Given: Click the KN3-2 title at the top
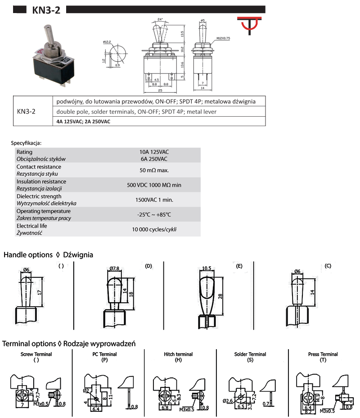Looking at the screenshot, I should [x=46, y=10].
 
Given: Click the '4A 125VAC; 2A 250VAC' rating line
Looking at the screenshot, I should [x=83, y=122].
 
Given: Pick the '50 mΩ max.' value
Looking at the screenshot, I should [x=154, y=170].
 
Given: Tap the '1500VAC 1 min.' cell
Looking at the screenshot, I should [x=154, y=200].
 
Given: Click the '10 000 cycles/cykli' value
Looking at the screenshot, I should [x=154, y=229].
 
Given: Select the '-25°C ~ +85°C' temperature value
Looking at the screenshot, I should [x=154, y=214].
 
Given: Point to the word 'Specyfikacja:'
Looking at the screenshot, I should [x=26, y=143].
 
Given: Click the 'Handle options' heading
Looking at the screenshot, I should [x=28, y=255].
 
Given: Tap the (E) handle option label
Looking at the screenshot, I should [x=239, y=266].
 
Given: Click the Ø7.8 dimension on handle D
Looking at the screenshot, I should [x=114, y=269].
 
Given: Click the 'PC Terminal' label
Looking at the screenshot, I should [x=104, y=354].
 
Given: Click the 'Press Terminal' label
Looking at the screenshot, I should [x=323, y=354].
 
